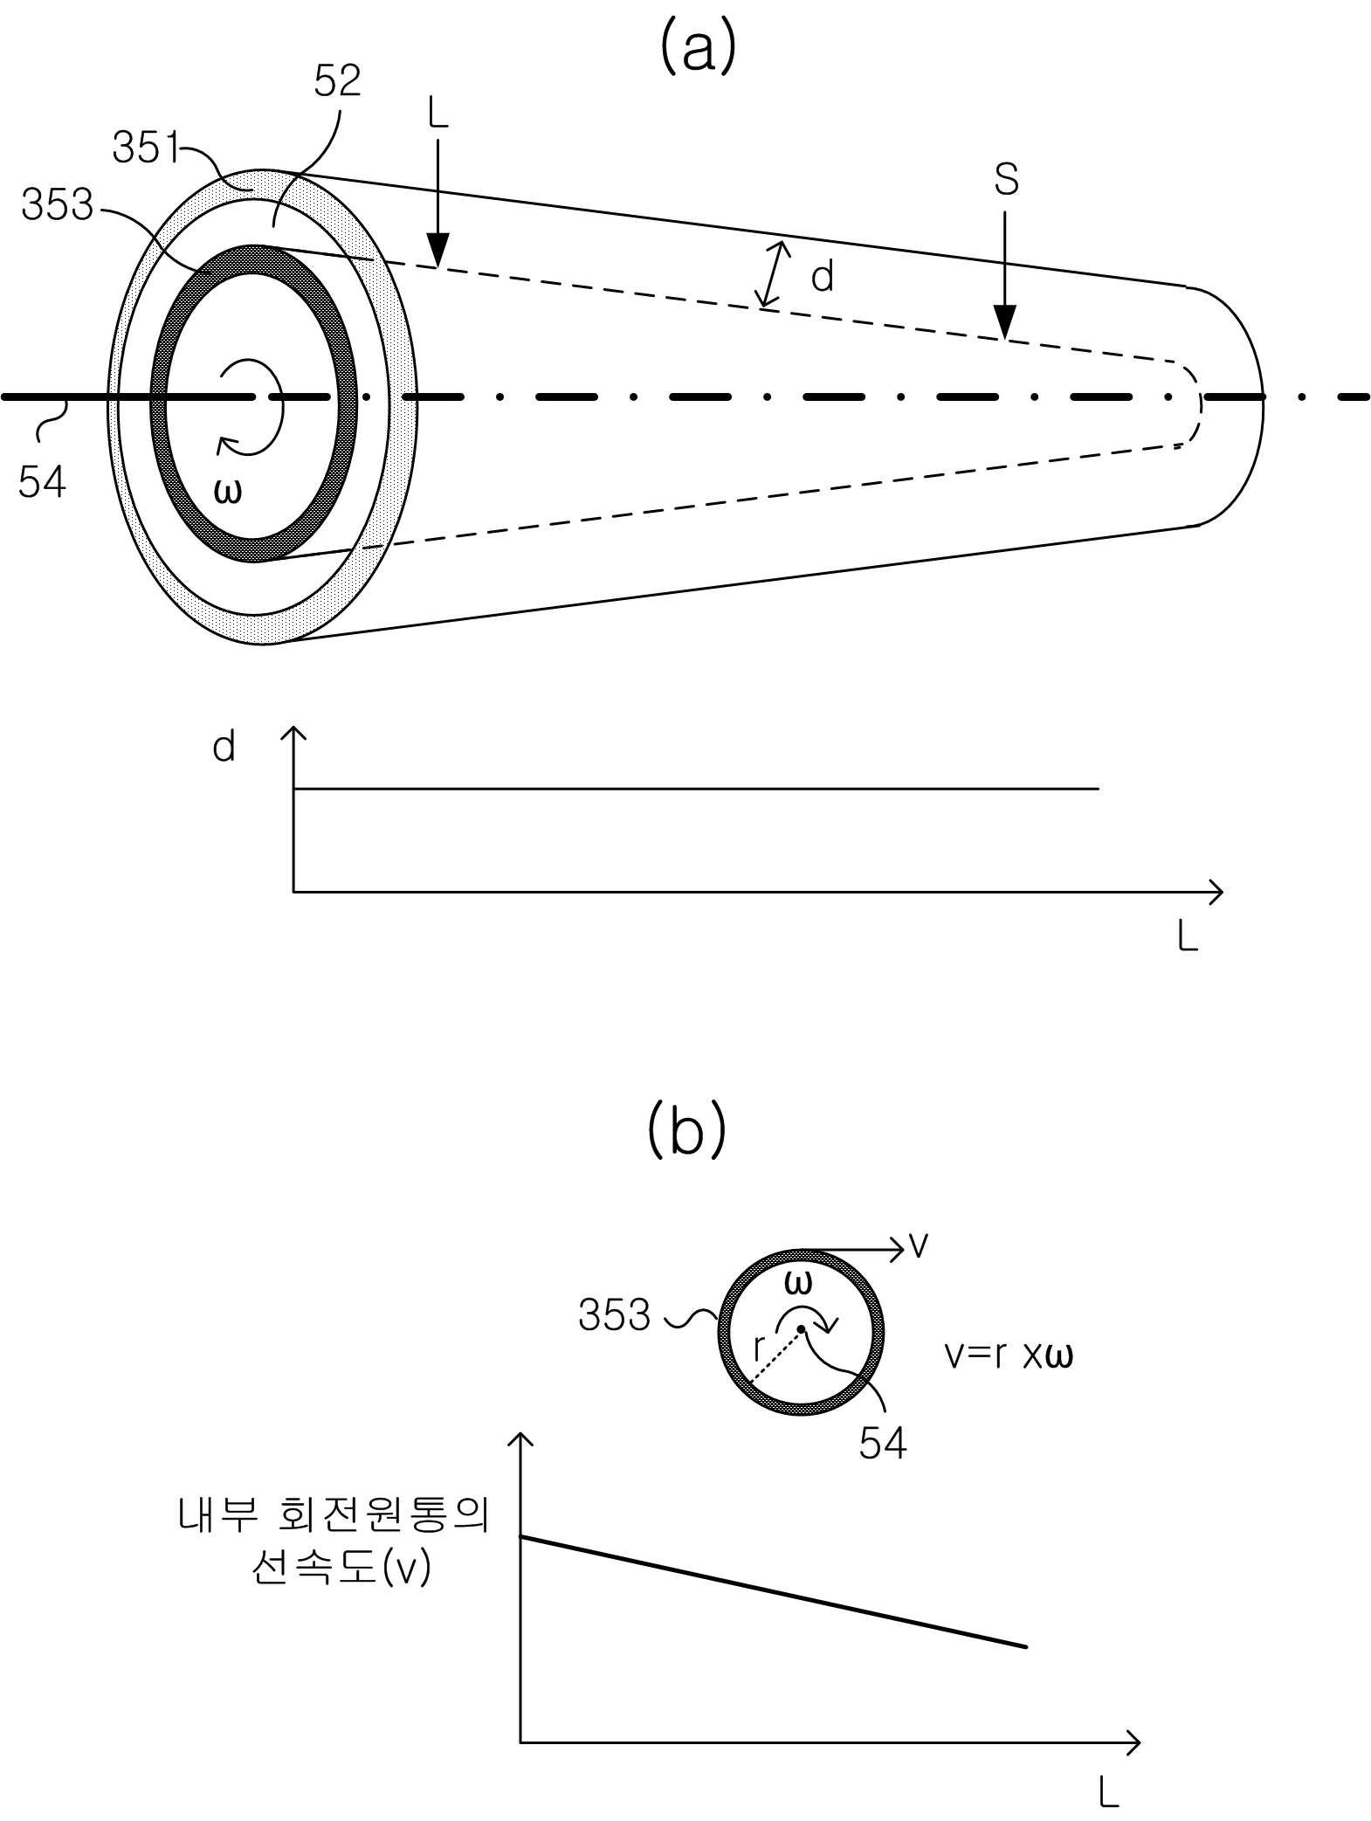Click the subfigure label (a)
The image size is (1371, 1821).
click(698, 47)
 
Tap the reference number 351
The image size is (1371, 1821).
click(145, 148)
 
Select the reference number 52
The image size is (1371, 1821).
click(337, 80)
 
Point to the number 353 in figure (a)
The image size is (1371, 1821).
click(57, 204)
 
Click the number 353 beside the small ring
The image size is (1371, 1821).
click(614, 1314)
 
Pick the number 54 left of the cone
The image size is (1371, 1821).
click(42, 481)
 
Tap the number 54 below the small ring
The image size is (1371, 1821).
click(882, 1443)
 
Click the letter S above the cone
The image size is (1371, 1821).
click(1006, 179)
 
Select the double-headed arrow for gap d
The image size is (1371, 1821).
click(774, 274)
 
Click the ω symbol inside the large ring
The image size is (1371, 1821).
click(227, 493)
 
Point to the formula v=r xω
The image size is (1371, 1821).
click(1009, 1355)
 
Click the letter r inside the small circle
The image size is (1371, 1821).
click(759, 1349)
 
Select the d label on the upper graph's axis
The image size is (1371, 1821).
click(224, 747)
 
